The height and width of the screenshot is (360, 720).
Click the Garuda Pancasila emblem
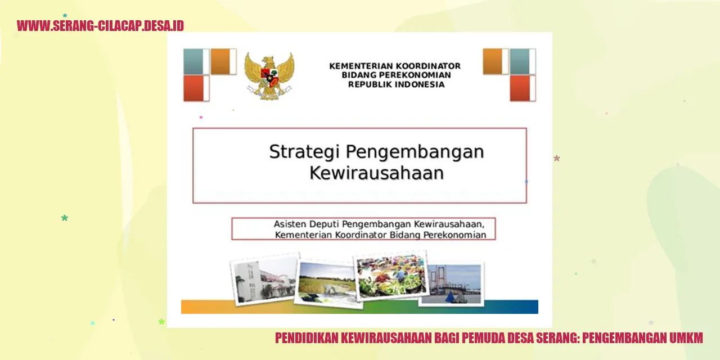[x=269, y=76]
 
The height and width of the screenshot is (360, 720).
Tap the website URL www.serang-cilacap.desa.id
[x=100, y=26]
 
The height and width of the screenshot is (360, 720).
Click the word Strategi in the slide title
[x=304, y=152]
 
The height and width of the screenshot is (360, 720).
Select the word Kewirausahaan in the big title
[x=376, y=173]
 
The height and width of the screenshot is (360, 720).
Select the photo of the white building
[x=265, y=278]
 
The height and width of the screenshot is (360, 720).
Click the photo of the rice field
[x=327, y=282]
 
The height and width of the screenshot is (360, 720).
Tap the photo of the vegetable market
[x=391, y=275]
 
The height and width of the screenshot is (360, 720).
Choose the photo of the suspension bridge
[x=451, y=283]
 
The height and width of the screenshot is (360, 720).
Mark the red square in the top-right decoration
[x=523, y=88]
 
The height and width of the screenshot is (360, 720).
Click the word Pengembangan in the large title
[x=415, y=152]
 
